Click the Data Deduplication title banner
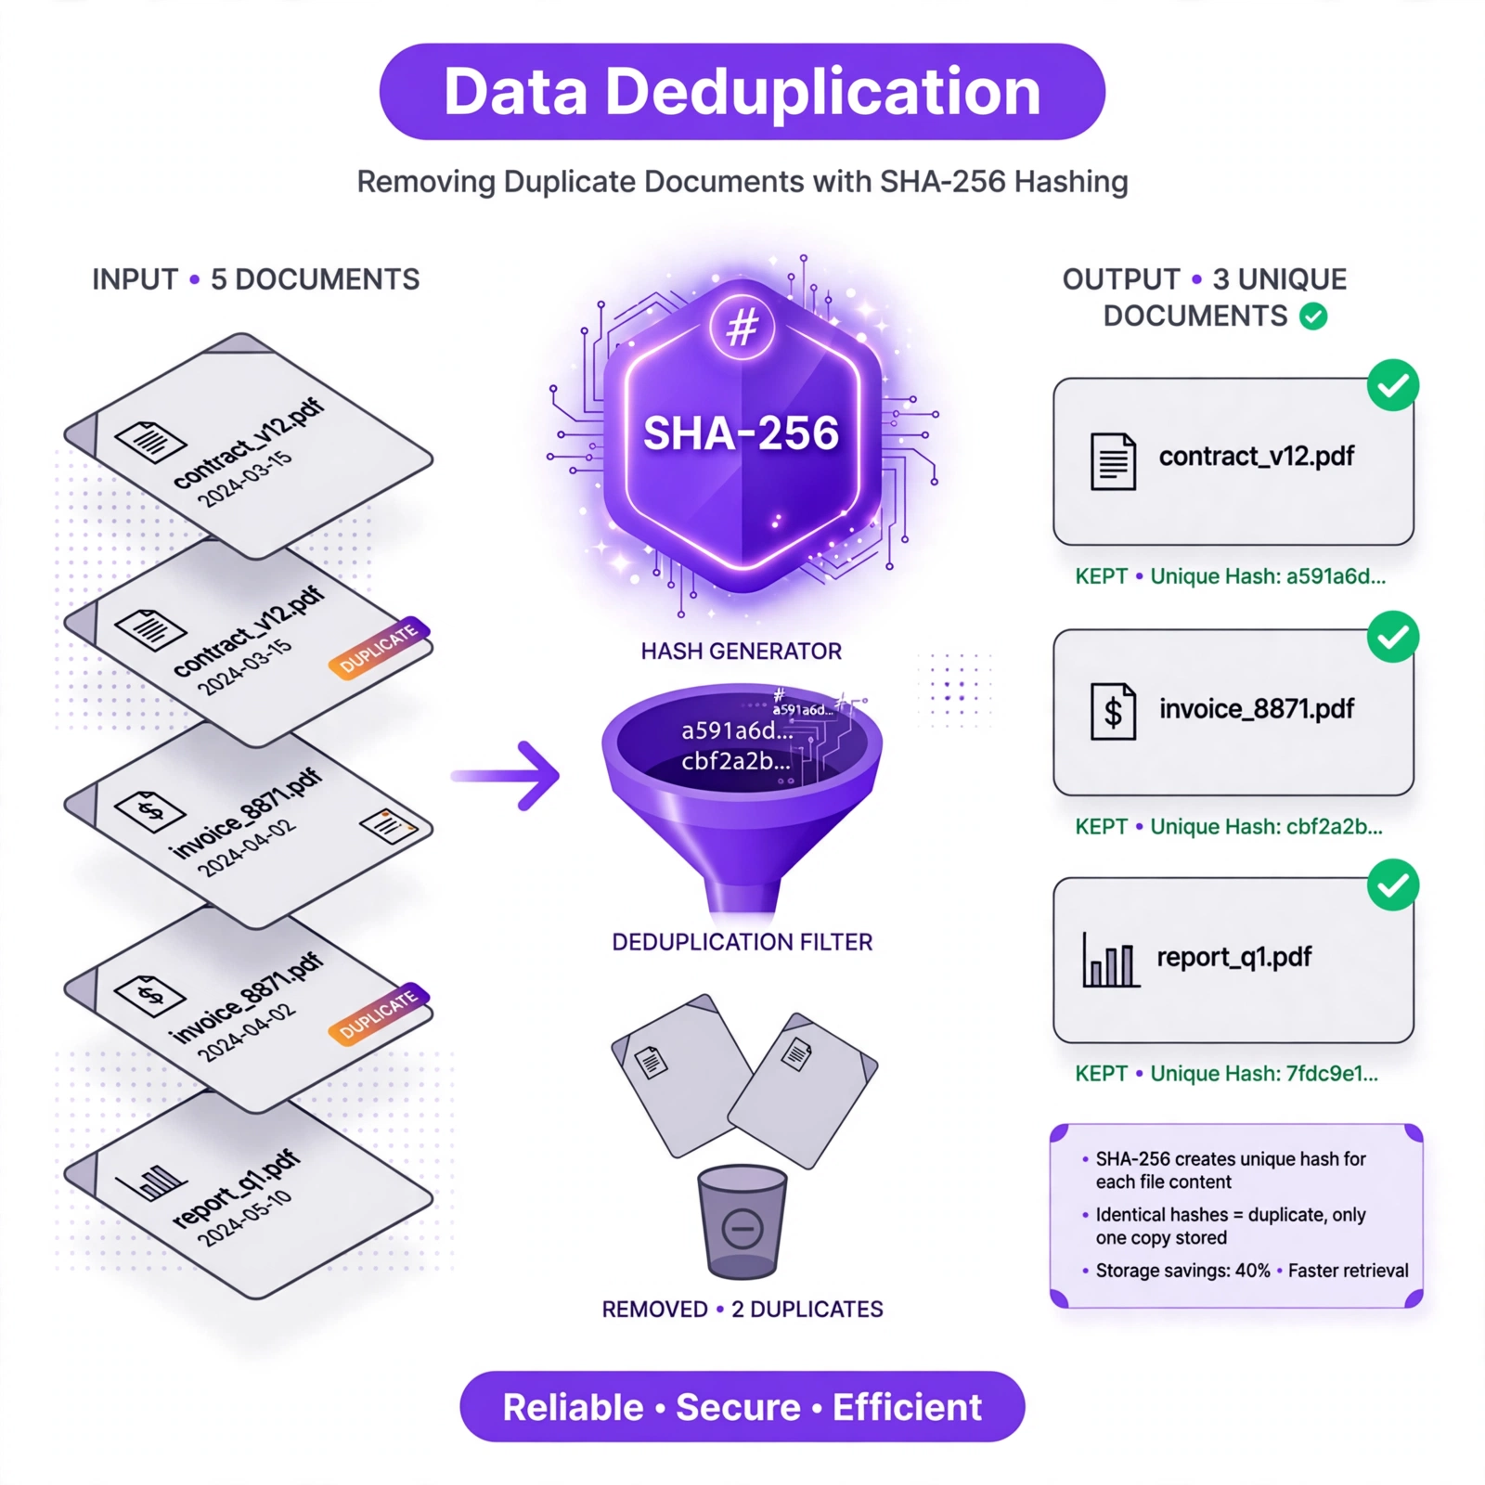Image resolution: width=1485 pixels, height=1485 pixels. tap(742, 92)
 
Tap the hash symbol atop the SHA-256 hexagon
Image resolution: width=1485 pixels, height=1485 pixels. tap(742, 327)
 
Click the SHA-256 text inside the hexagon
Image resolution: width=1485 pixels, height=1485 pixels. tap(742, 433)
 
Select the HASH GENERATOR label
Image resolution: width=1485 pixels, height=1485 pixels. tap(742, 652)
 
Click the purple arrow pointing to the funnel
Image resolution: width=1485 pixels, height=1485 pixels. tap(506, 776)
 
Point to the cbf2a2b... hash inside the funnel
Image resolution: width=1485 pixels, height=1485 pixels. tap(736, 762)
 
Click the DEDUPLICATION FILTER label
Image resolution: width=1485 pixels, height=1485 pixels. tap(742, 942)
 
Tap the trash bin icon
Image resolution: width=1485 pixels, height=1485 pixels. tap(742, 1221)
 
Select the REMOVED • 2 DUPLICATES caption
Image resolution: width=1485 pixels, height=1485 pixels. tap(742, 1310)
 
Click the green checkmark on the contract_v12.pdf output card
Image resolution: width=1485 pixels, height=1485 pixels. tap(1393, 385)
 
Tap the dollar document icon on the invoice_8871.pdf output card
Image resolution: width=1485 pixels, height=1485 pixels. tap(1113, 711)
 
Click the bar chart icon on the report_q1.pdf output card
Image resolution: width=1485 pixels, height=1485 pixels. tap(1110, 960)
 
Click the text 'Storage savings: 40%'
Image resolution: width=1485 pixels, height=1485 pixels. tap(1182, 1271)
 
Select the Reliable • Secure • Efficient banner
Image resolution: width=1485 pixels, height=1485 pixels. tap(742, 1407)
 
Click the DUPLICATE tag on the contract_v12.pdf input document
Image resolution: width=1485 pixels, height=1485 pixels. tap(380, 648)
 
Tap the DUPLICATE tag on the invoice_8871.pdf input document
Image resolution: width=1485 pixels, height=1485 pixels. tap(380, 1014)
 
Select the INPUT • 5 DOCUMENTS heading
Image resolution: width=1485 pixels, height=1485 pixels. tap(255, 279)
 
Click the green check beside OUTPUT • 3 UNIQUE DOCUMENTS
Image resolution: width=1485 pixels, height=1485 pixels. tap(1313, 316)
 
